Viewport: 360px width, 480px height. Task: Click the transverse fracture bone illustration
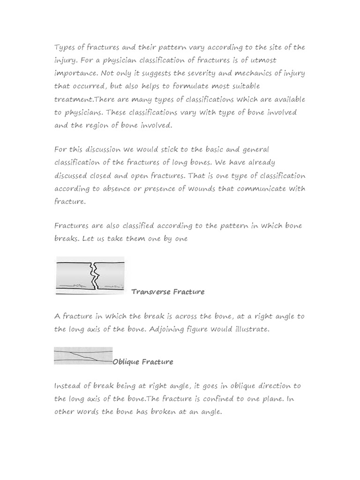pos(90,276)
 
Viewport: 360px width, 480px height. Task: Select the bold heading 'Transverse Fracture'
pos(168,292)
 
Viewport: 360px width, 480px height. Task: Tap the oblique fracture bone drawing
pos(83,356)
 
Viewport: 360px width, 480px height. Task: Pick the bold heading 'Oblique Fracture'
pos(143,362)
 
